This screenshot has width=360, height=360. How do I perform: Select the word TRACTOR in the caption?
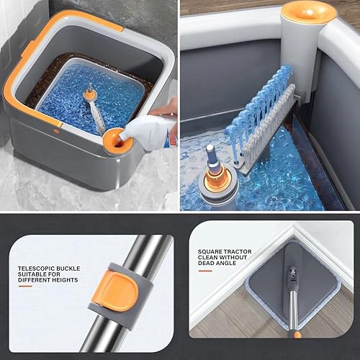tap(237, 252)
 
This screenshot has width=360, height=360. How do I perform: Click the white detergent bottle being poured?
tap(150, 130)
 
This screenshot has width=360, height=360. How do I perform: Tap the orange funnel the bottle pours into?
tap(117, 143)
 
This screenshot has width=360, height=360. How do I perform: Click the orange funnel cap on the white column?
tap(309, 14)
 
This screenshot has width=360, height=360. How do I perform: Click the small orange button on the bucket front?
tap(57, 131)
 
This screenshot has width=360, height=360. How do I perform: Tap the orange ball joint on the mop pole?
tap(297, 334)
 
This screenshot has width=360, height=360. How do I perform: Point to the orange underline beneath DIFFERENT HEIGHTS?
tap(25, 286)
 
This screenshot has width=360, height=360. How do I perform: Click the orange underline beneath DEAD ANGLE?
tap(205, 271)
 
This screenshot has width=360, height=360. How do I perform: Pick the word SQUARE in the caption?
tap(210, 252)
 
